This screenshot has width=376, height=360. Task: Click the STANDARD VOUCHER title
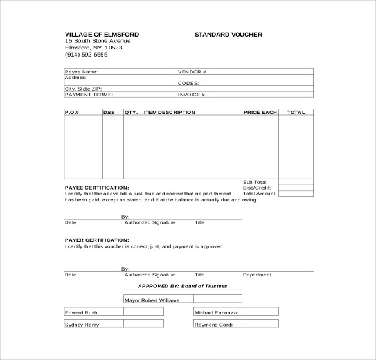pyautogui.click(x=228, y=34)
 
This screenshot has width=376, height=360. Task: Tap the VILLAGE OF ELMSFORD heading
pyautogui.click(x=102, y=34)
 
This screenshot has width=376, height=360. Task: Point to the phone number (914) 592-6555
pyautogui.click(x=86, y=55)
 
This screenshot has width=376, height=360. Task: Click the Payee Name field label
pyautogui.click(x=82, y=72)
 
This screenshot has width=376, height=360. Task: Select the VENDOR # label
pyautogui.click(x=192, y=72)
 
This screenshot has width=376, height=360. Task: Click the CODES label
pyautogui.click(x=188, y=83)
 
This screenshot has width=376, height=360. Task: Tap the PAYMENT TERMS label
pyautogui.click(x=89, y=94)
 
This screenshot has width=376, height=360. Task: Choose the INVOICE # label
pyautogui.click(x=191, y=94)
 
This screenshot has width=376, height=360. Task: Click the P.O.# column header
pyautogui.click(x=71, y=112)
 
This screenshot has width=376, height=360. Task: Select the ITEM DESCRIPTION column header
pyautogui.click(x=170, y=112)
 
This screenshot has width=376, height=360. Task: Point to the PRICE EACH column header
pyautogui.click(x=260, y=112)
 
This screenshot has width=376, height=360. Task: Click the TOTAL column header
pyautogui.click(x=296, y=112)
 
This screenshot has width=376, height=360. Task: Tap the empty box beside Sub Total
pyautogui.click(x=296, y=182)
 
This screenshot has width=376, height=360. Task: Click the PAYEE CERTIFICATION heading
pyautogui.click(x=93, y=188)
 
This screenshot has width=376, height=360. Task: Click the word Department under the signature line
pyautogui.click(x=257, y=274)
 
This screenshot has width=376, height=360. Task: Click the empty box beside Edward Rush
pyautogui.click(x=143, y=312)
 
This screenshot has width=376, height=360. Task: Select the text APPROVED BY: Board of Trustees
pyautogui.click(x=182, y=286)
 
